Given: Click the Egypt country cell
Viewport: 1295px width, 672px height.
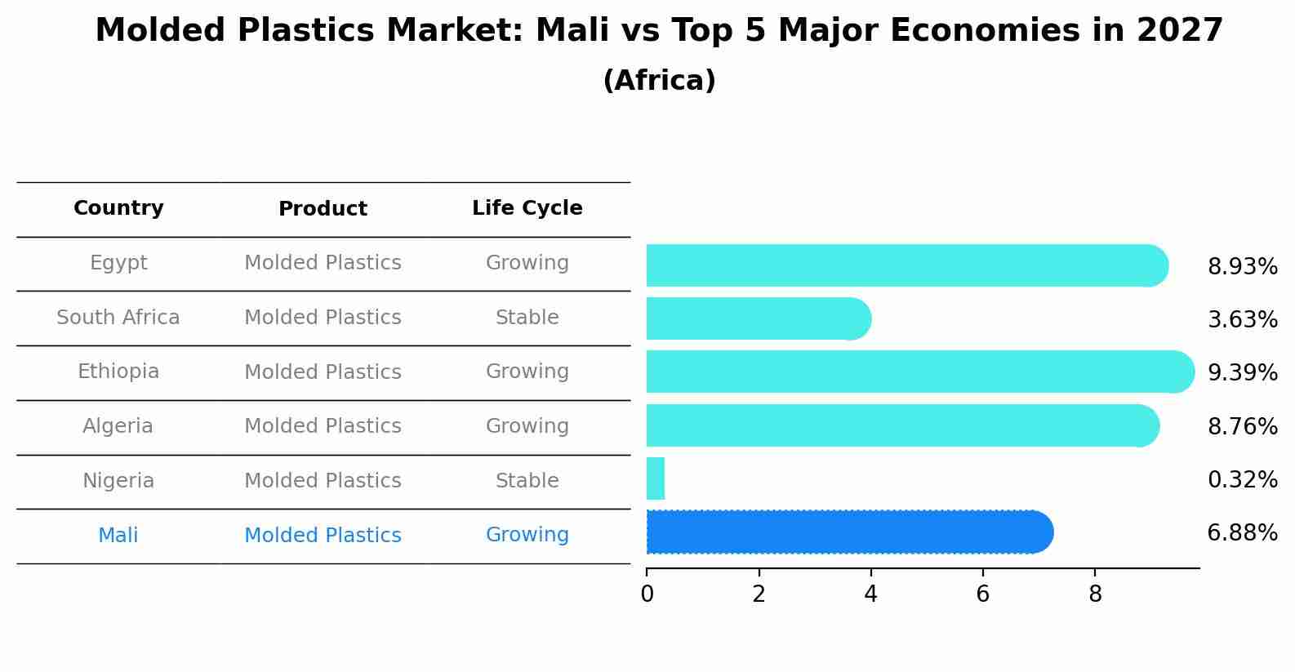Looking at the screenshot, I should pyautogui.click(x=118, y=263).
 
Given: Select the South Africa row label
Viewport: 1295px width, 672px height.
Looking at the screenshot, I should pyautogui.click(x=118, y=318).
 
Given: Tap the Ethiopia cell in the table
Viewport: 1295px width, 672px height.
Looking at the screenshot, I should pyautogui.click(x=118, y=372).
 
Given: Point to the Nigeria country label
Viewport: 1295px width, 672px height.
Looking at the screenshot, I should pyautogui.click(x=118, y=481).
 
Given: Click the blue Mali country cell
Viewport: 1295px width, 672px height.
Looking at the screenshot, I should pyautogui.click(x=118, y=536).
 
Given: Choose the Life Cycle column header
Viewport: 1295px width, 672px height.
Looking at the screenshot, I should pyautogui.click(x=527, y=208).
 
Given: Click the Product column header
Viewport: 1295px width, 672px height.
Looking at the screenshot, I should pyautogui.click(x=323, y=209).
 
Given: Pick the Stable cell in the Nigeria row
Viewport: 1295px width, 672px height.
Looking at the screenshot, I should pyautogui.click(x=527, y=481).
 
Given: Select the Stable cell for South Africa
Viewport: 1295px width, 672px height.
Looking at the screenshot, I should pyautogui.click(x=527, y=318).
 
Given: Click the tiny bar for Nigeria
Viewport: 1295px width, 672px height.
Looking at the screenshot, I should pyautogui.click(x=655, y=478).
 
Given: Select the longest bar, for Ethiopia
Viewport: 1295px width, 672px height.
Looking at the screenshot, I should pyautogui.click(x=915, y=372).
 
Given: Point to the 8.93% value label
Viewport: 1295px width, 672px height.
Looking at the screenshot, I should pyautogui.click(x=1242, y=267).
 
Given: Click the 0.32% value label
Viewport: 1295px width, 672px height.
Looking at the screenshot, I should pyautogui.click(x=1242, y=480).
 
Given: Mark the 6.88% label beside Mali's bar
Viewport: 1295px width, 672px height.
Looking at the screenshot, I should pyautogui.click(x=1242, y=533).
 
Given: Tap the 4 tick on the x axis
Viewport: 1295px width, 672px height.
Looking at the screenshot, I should pyautogui.click(x=870, y=594).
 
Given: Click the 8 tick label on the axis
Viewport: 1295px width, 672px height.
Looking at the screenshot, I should pyautogui.click(x=1095, y=594).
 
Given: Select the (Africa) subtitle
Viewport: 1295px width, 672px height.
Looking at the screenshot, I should pyautogui.click(x=659, y=81).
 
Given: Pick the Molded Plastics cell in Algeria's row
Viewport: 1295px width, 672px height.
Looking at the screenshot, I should pyautogui.click(x=323, y=426).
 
